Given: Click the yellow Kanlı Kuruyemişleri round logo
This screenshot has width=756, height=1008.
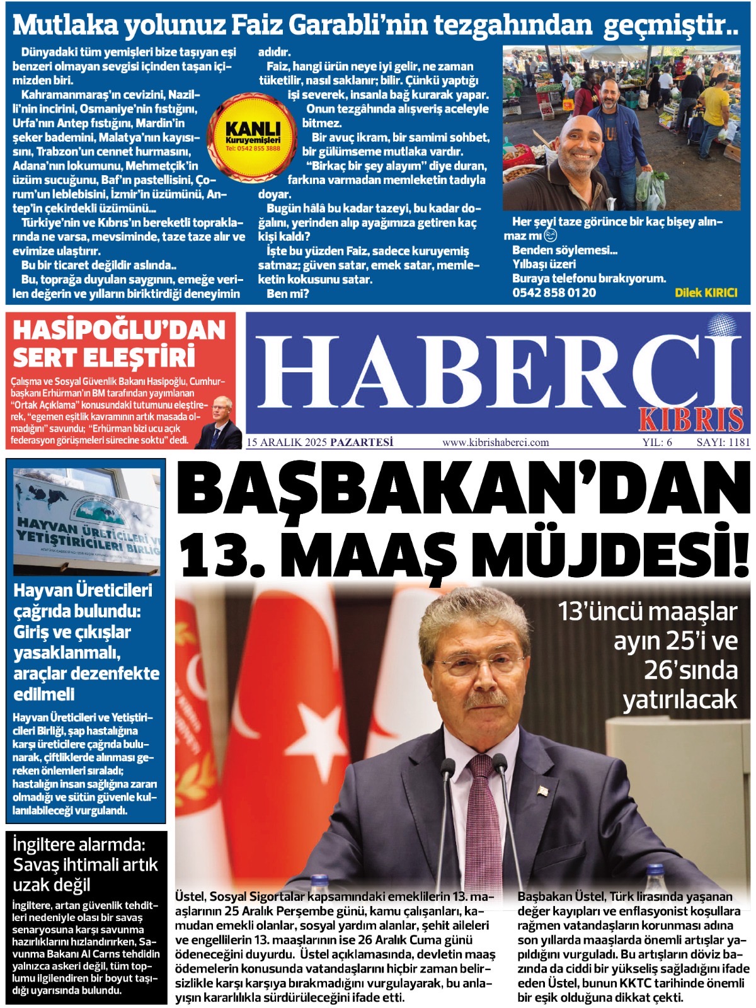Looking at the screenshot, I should [253, 132].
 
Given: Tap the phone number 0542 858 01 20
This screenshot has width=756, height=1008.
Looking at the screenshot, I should [554, 292].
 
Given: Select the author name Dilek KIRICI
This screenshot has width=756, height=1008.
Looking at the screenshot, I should [705, 292].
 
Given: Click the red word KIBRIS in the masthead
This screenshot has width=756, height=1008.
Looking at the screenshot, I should [690, 419].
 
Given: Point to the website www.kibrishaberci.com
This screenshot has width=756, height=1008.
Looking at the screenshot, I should [495, 442].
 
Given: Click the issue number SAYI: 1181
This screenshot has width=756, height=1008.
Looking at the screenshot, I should [723, 442].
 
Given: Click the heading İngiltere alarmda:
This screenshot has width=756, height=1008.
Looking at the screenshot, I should [79, 845].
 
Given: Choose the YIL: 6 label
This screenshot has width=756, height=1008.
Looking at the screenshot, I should [656, 442].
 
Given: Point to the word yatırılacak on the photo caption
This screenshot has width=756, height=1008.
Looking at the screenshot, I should [680, 699].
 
